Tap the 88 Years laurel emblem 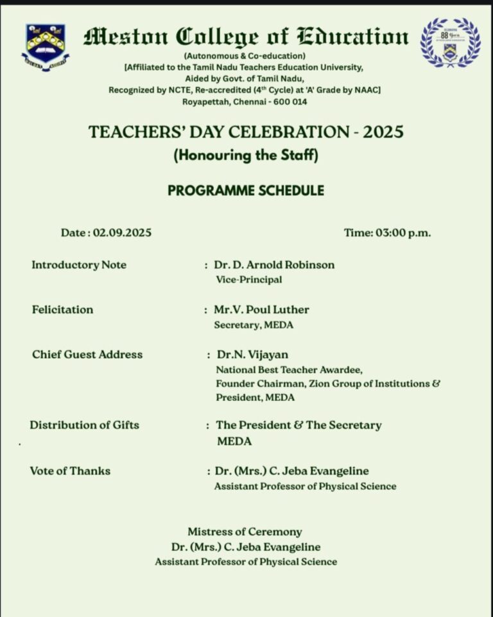[450, 43]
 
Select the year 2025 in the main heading [383, 132]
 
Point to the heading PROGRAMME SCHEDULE [246, 190]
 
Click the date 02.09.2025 [122, 233]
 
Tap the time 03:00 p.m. [387, 233]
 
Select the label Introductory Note [79, 265]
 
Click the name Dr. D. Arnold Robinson [274, 265]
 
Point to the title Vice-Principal [249, 280]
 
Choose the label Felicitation [62, 310]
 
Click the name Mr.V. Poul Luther [261, 310]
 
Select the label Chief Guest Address [87, 354]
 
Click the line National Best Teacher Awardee [289, 370]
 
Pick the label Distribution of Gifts [84, 425]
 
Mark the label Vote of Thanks [70, 471]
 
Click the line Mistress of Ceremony [245, 532]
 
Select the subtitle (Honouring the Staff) [246, 155]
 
